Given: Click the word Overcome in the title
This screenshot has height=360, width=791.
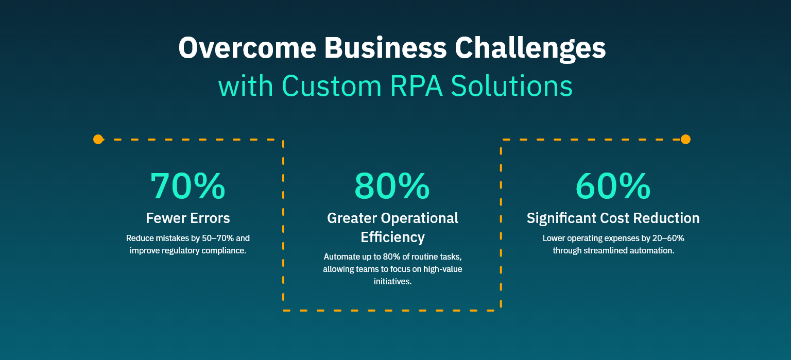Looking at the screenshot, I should coord(247,48).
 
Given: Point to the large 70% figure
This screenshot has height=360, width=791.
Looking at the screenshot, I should coord(188,186).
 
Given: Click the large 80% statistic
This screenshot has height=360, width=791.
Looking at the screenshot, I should coord(392,186).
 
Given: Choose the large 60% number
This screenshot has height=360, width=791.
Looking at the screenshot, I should coord(613,186).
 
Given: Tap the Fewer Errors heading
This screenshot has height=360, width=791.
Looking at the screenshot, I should coord(188,218).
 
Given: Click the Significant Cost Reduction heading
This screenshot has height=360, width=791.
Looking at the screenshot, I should coord(613,218).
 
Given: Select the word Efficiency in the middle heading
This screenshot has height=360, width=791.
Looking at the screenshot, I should coord(392,237).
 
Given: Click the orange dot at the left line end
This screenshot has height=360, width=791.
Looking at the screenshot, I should coord(98,139).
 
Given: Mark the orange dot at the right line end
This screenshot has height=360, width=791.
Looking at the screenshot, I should coord(685,139).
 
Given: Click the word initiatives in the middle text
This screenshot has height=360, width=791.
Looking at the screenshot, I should coord(392,281).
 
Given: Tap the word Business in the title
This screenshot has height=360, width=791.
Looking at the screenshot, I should coord(386,48).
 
